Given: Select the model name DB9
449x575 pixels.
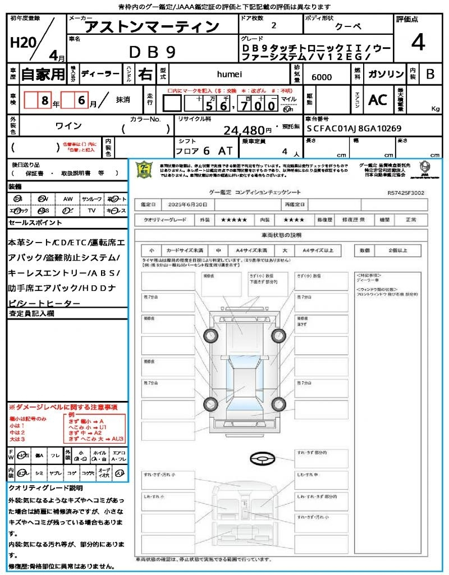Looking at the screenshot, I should (x=153, y=52).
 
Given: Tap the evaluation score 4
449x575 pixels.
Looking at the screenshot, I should (x=418, y=43).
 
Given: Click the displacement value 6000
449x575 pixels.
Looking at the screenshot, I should (x=322, y=77).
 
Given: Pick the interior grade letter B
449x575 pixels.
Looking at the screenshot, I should (x=430, y=74).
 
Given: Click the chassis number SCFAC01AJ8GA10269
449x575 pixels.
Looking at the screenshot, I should (x=354, y=128).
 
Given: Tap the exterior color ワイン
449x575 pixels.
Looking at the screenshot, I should (x=69, y=126).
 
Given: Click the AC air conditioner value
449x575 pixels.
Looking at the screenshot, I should (x=378, y=100).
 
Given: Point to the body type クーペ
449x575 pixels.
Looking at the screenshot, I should (x=348, y=26).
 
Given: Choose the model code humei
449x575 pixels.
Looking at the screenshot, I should (x=229, y=74).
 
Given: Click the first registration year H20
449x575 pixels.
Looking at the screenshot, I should (x=21, y=43).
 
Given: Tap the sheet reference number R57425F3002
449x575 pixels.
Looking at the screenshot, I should (x=406, y=193).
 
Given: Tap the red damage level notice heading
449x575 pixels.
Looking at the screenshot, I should (x=63, y=407).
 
